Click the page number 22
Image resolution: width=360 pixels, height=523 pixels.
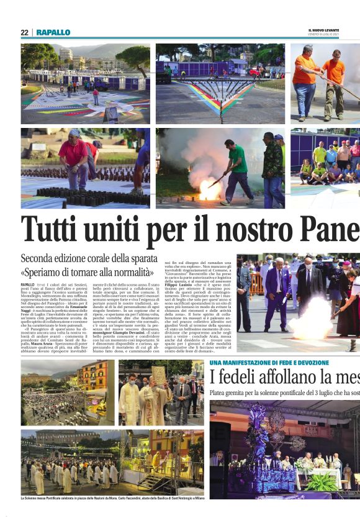[x=24, y=32]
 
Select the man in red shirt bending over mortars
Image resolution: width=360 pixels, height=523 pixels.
[x=74, y=160]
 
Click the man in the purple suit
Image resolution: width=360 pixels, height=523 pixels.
[x=277, y=292]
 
